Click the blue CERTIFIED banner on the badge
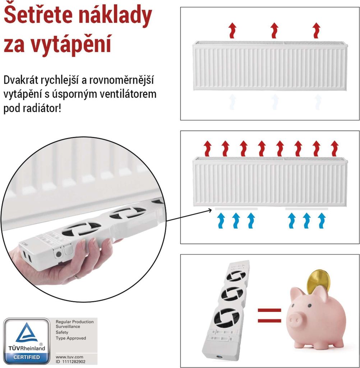click(27, 357)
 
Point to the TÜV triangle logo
click(27, 333)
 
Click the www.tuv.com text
click(67, 357)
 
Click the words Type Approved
click(71, 338)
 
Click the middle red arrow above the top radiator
click(274, 30)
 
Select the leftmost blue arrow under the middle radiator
click(221, 221)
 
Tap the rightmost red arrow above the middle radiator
click(335, 148)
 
